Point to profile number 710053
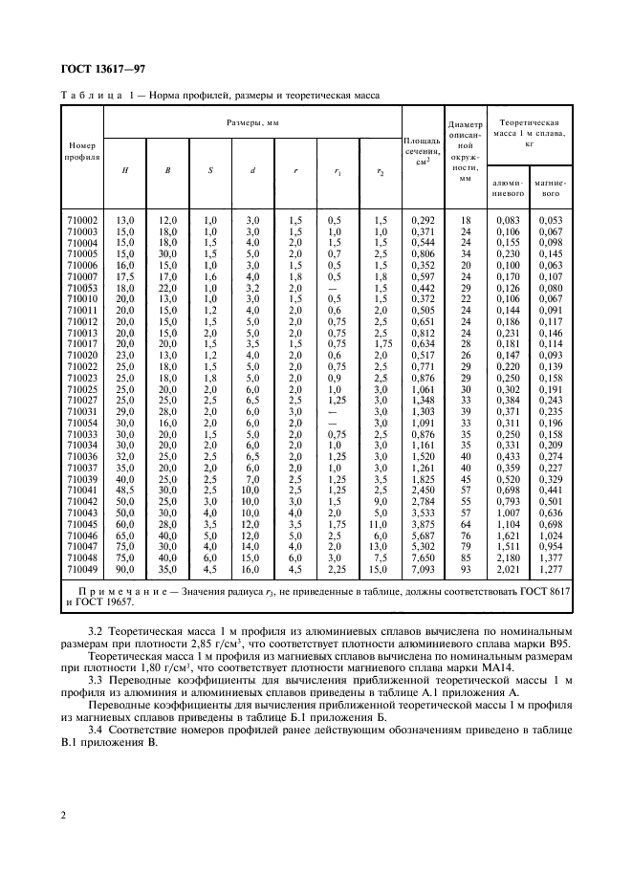83,287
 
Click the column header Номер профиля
83,150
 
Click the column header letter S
209,171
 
